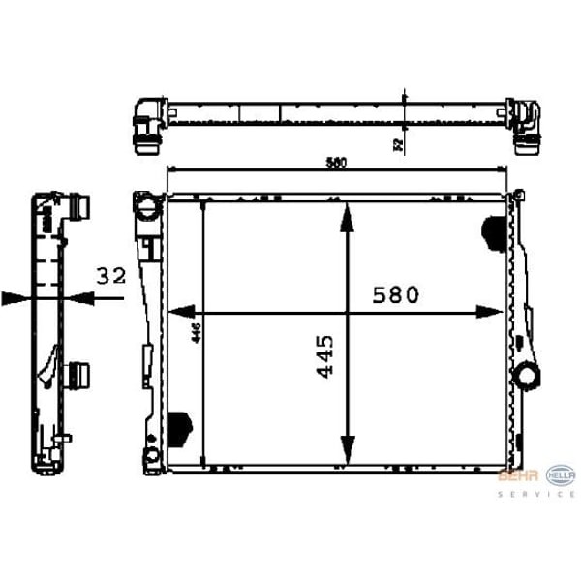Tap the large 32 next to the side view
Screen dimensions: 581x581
(111, 276)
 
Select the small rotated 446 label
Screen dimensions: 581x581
(195, 333)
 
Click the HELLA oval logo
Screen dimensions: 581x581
(561, 474)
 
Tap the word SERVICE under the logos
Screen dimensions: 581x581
(536, 494)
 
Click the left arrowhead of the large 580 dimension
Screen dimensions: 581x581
(180, 312)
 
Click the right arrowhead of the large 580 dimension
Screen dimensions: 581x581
(490, 312)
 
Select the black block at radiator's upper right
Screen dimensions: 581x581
(492, 229)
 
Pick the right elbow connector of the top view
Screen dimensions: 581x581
(526, 126)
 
